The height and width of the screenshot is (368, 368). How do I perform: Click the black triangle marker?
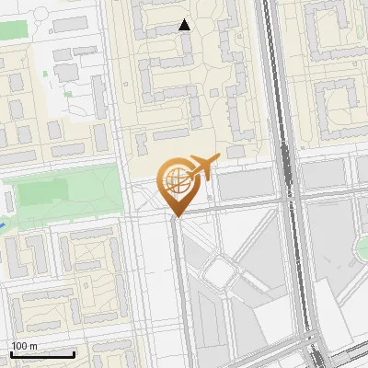click(185, 25)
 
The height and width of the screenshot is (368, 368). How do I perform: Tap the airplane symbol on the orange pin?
click(202, 169)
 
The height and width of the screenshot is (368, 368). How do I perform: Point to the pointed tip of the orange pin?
click(176, 217)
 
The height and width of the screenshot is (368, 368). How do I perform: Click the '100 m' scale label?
click(25, 346)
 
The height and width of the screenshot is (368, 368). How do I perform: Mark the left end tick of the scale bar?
click(12, 354)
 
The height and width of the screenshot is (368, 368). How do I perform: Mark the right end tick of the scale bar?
click(74, 354)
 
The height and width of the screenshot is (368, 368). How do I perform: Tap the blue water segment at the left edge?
click(5, 224)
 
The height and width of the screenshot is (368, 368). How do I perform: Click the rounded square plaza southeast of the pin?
click(220, 271)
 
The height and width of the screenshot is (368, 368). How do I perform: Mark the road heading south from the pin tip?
click(178, 294)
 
